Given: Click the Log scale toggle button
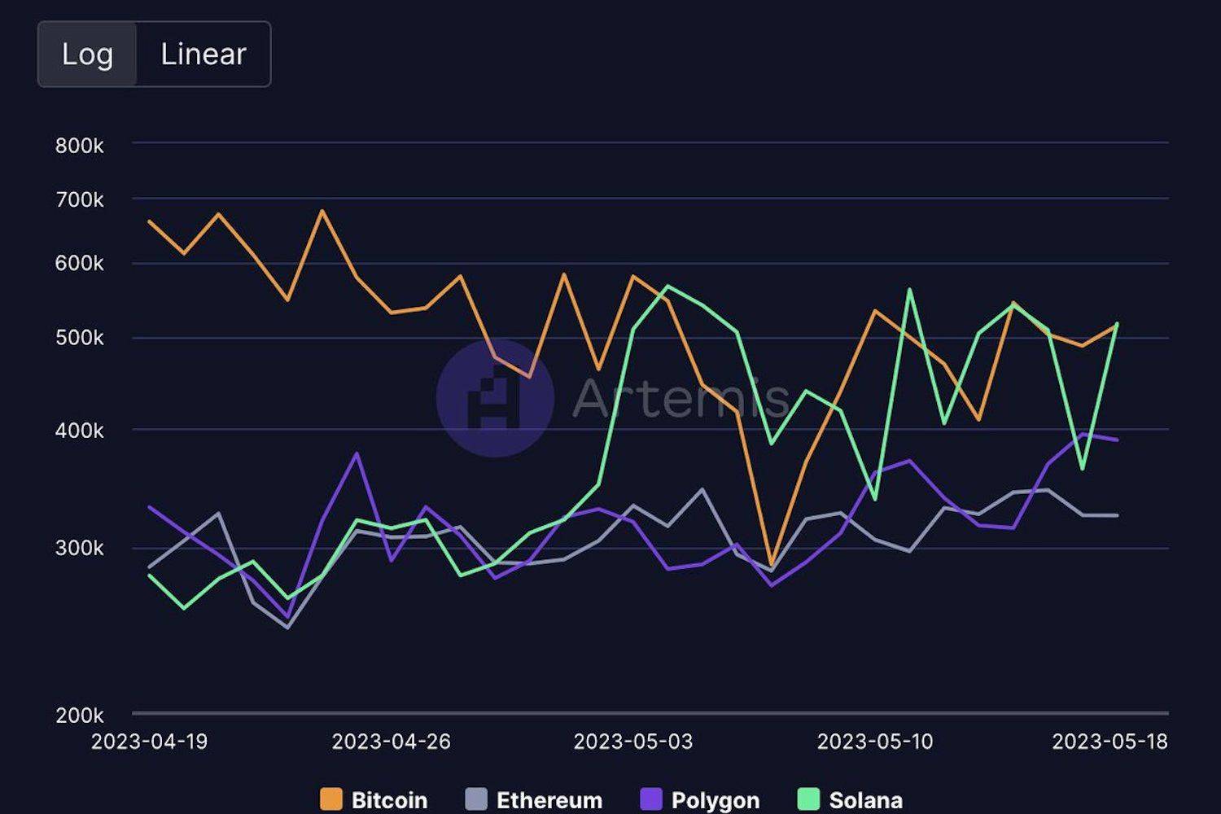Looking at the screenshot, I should point(87,55).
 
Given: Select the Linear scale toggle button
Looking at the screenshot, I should point(203,55).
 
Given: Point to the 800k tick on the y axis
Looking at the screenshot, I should point(80,146).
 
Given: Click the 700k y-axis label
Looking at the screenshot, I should point(80,199).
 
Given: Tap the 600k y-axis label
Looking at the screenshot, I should point(80,264).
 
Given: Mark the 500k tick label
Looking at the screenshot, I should point(80,338).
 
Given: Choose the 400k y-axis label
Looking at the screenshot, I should point(80,431).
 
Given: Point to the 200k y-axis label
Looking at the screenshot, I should point(80,716).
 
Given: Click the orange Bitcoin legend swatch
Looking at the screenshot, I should point(331,799).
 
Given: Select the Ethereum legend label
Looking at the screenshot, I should point(549,800).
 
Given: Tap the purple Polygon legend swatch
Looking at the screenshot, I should point(651,799).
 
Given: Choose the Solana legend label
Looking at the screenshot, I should point(865,800).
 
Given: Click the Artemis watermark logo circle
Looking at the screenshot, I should point(495,398).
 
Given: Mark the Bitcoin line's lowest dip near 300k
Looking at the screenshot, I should point(771,563).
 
